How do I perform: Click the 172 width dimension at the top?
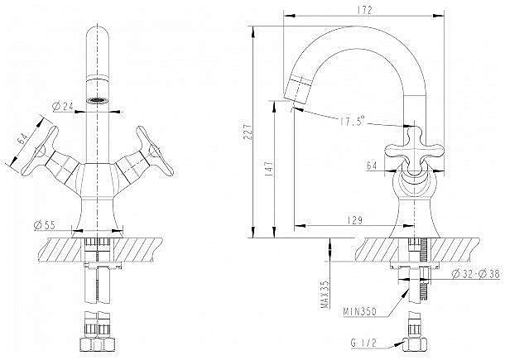[365, 10]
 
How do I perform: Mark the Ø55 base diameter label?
[46, 224]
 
